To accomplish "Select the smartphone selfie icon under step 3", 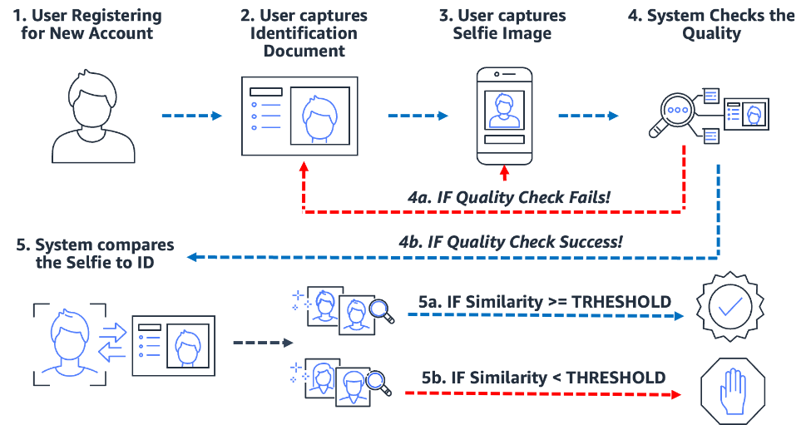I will pos(503,116).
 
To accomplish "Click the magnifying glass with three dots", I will pos(677,114).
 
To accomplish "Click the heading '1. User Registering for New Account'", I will pos(92,25).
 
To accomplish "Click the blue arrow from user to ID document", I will pos(192,116).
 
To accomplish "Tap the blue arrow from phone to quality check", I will pos(588,116).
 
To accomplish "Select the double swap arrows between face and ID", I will pos(112,342).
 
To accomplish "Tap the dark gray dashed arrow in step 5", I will pos(262,342).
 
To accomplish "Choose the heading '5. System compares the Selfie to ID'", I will pos(96,254).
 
